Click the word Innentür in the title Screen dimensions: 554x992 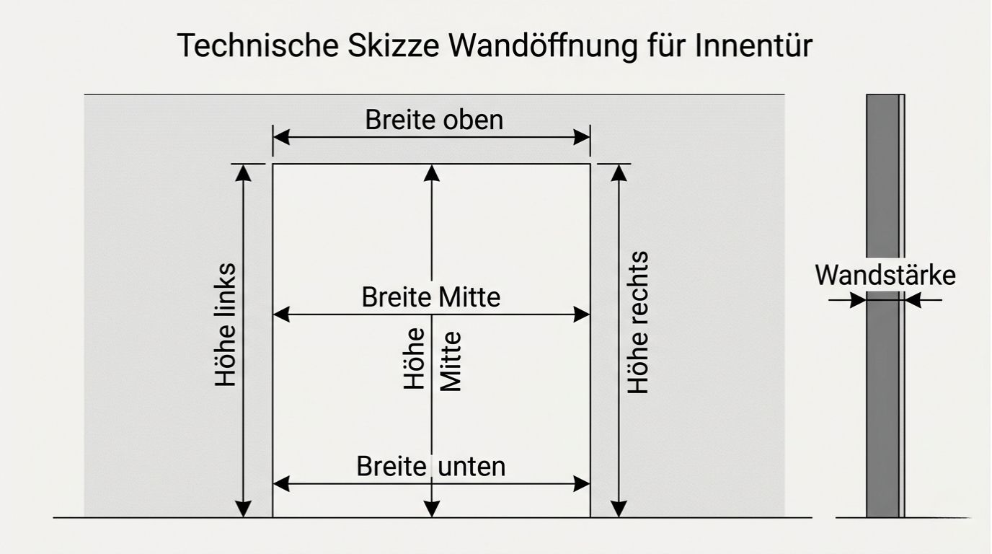coord(754,46)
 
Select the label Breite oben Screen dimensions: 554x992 coord(434,120)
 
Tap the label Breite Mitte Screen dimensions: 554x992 coord(431,297)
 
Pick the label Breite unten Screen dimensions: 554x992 coord(431,467)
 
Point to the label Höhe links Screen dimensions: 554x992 coord(226,325)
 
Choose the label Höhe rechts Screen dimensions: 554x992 coord(638,322)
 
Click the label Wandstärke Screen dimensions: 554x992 coord(885,276)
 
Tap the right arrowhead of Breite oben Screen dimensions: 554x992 coord(582,137)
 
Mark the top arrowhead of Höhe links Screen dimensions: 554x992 coord(244,172)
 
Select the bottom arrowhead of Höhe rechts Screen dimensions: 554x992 coord(619,509)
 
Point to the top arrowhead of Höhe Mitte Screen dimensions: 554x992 coord(431,172)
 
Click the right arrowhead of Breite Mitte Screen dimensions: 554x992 coord(582,315)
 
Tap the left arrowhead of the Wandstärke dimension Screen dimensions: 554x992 coord(858,300)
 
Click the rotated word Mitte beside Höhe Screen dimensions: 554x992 coord(450,361)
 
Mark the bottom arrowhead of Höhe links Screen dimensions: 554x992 coord(244,509)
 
